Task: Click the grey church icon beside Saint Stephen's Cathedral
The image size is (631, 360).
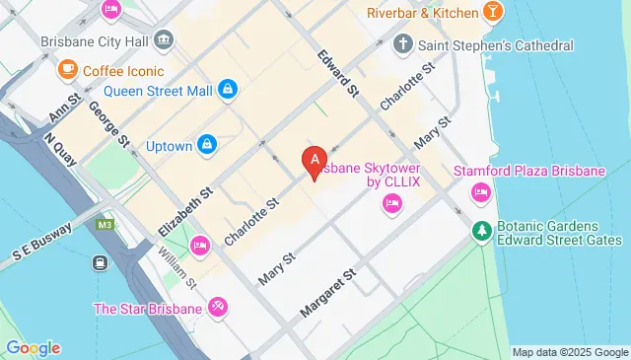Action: [x=401, y=44]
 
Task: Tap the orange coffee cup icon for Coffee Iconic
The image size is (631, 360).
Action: [x=67, y=70]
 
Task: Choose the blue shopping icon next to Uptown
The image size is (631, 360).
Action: [x=206, y=145]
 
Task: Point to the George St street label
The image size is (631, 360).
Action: [x=108, y=124]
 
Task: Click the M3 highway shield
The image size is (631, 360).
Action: [x=104, y=226]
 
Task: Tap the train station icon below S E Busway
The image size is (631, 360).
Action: [x=100, y=262]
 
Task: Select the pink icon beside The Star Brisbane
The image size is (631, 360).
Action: [x=217, y=308]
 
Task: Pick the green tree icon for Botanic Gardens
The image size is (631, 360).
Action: [x=481, y=231]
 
